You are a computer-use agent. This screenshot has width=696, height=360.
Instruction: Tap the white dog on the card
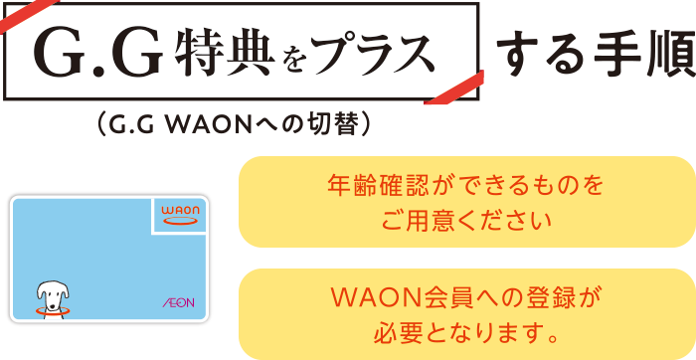[x=50, y=296]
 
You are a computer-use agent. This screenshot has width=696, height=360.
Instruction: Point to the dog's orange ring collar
[x=49, y=310]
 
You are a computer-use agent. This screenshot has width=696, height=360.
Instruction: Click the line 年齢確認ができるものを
[x=465, y=185]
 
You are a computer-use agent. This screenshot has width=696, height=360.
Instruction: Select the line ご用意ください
[x=465, y=217]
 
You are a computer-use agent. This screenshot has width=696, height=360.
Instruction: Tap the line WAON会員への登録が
[x=465, y=296]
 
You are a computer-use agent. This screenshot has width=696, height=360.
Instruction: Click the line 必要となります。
[x=465, y=328]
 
